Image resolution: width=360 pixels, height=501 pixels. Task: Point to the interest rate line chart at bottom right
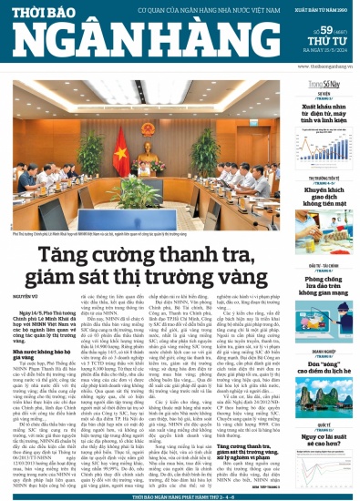(325, 455)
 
